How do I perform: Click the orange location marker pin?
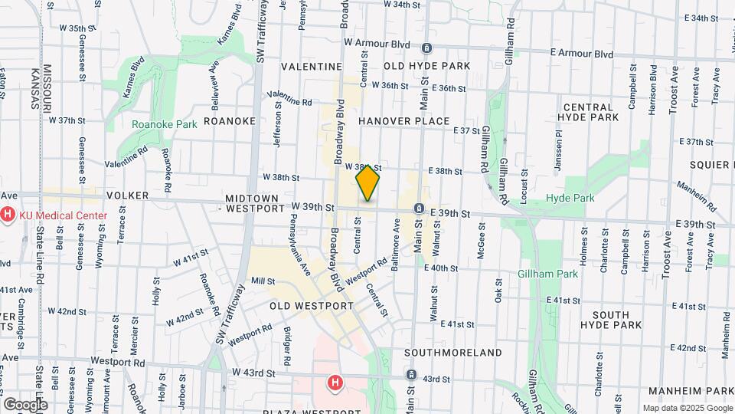tap(368, 183)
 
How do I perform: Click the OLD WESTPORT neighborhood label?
tap(311, 305)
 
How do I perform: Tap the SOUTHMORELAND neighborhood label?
tap(453, 353)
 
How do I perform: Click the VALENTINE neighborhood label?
tap(311, 67)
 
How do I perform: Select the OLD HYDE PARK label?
tap(427, 67)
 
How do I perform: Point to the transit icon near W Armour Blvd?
tap(426, 48)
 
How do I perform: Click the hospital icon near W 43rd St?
tap(334, 382)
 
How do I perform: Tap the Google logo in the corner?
tap(25, 404)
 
